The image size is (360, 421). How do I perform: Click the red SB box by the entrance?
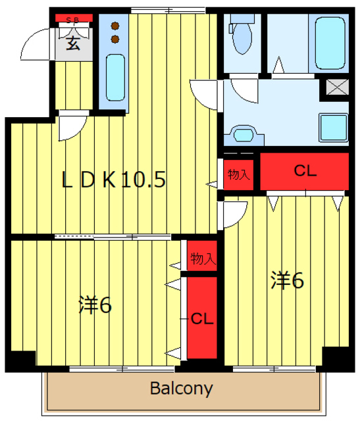click(x=73, y=19)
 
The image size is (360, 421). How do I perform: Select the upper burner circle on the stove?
click(x=116, y=27)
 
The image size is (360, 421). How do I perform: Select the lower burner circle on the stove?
click(x=116, y=39)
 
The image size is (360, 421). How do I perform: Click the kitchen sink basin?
click(x=116, y=78)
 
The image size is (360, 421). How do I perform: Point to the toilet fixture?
click(x=240, y=37)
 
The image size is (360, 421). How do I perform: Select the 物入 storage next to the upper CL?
click(x=238, y=174)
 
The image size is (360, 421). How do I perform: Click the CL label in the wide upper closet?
click(x=305, y=172)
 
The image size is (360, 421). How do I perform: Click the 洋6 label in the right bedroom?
click(x=286, y=281)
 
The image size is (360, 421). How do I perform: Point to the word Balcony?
click(x=182, y=389)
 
